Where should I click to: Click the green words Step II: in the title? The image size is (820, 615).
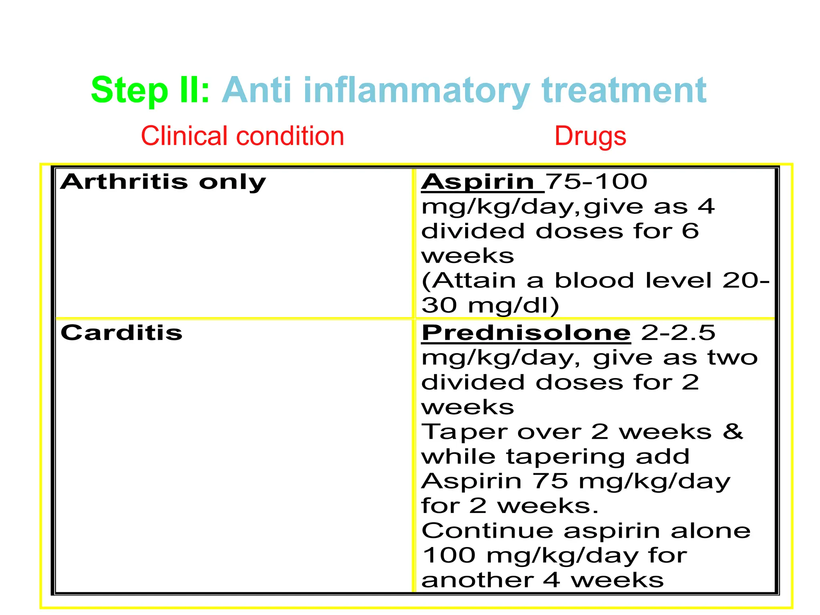pos(150,90)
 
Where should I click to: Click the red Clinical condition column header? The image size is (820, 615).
pos(242,136)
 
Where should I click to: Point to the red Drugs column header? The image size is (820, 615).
pos(590,136)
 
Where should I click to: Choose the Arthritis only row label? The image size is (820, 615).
pos(163,182)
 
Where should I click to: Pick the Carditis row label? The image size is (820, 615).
pos(121,333)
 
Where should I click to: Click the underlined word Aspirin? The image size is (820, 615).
pos(478,182)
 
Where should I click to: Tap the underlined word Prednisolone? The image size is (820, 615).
pos(526,333)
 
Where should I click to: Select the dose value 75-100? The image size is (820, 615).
pos(597,182)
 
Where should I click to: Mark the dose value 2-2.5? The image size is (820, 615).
pos(678,333)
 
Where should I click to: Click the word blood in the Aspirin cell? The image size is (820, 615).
pos(594,280)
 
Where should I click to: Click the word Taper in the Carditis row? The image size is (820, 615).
pos(464,432)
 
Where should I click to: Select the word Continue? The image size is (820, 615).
pos(487,531)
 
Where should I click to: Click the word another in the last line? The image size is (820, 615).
pos(477,581)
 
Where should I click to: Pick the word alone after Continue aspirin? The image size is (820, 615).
pos(711,531)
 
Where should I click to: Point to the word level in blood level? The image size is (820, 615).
pos(679,280)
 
